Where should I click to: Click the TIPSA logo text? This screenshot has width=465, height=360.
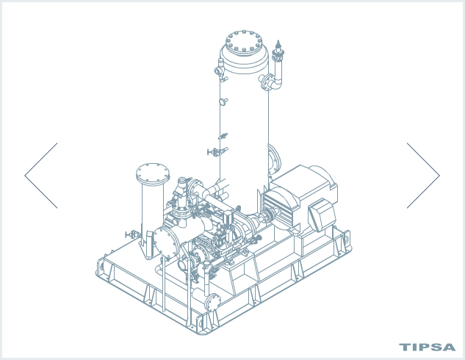[427, 348]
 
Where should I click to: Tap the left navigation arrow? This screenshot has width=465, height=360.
[41, 176]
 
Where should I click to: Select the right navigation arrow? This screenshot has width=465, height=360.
[423, 176]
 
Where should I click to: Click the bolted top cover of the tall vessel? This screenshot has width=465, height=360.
[244, 43]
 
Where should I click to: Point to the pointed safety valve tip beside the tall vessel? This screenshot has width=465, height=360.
[278, 44]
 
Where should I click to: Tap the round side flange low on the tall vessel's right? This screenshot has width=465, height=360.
[274, 160]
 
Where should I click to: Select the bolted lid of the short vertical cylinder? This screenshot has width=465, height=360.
[153, 173]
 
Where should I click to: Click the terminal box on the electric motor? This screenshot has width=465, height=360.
[322, 215]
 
